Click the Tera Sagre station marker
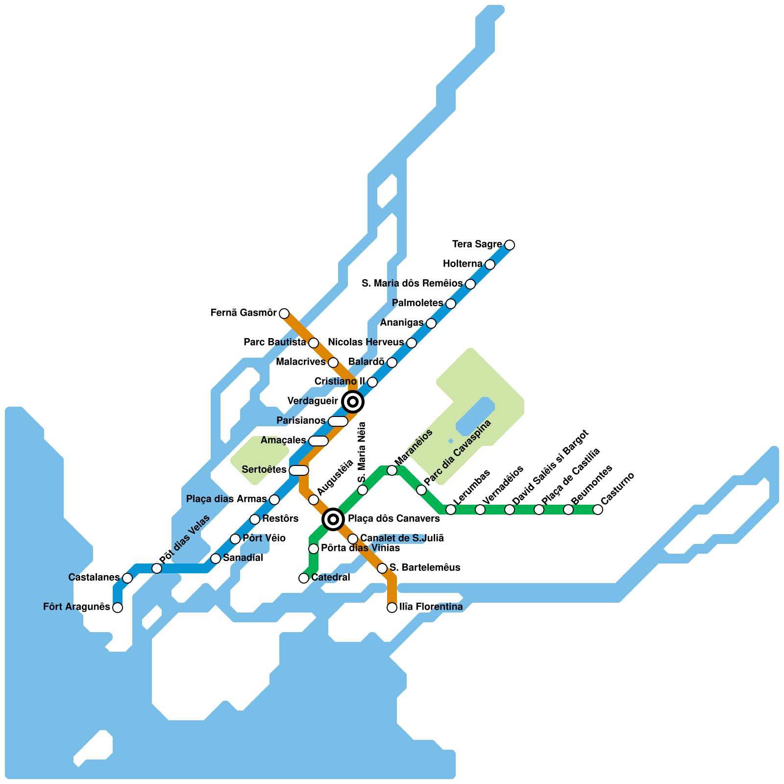(510, 245)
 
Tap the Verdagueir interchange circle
(352, 402)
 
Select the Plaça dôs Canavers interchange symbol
(333, 519)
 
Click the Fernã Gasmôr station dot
(284, 313)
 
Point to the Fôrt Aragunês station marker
(118, 608)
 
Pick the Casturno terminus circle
(598, 510)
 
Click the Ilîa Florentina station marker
(392, 608)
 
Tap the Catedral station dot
(304, 578)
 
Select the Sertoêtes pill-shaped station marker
(299, 470)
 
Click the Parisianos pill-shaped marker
(338, 421)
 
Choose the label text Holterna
(463, 264)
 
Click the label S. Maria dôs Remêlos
(412, 284)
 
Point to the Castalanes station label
(94, 578)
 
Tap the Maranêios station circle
(392, 470)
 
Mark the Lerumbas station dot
(451, 510)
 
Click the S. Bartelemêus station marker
(382, 568)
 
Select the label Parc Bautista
(275, 343)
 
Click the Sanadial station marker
(216, 559)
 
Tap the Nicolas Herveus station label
(366, 343)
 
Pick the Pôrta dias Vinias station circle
(314, 549)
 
